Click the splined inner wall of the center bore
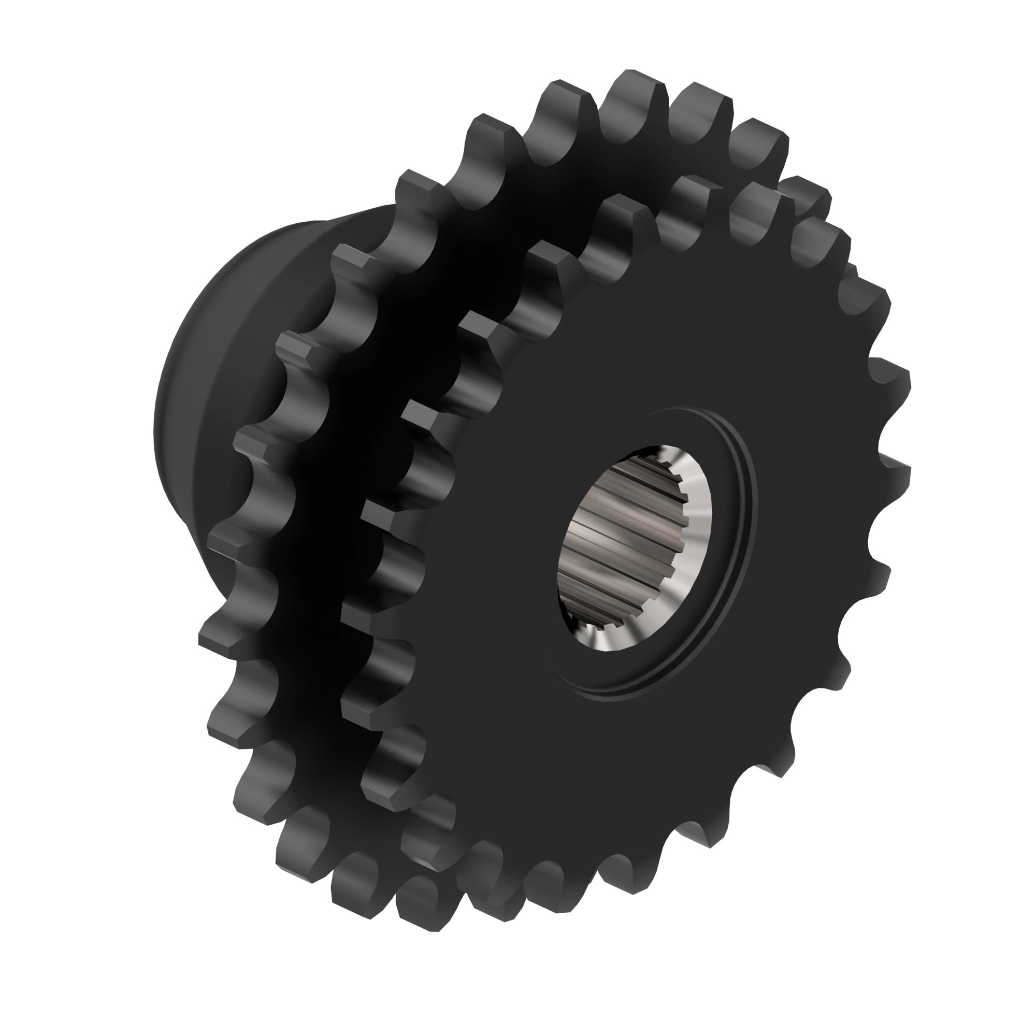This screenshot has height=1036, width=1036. pos(616,542)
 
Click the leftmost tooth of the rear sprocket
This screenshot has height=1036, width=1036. pos(220,633)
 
